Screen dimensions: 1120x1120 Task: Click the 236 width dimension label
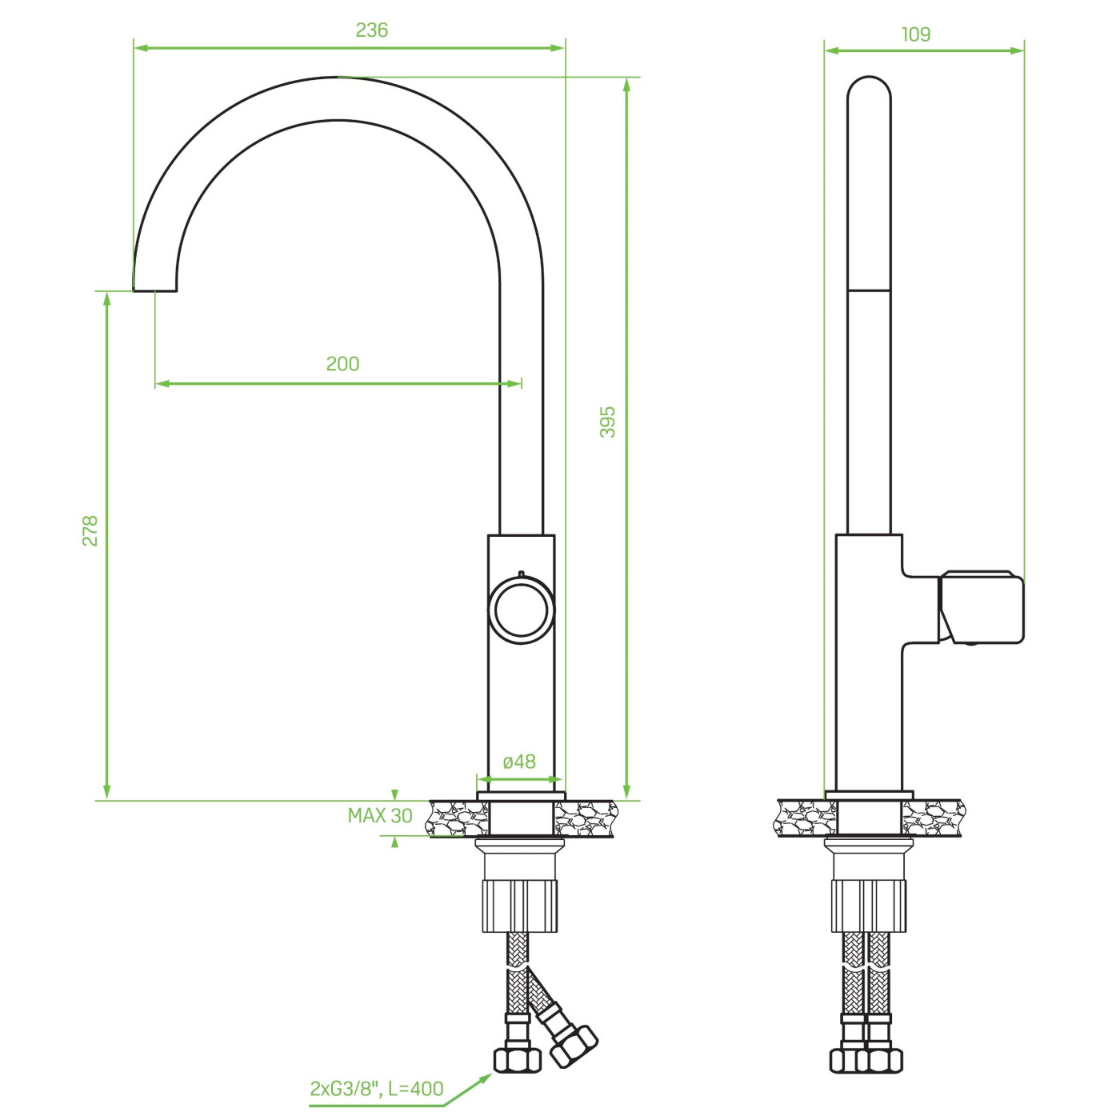[x=371, y=30]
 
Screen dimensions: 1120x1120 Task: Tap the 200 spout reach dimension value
[x=342, y=364]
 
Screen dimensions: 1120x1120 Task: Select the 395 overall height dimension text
[x=607, y=422]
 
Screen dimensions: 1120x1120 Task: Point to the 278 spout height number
[x=90, y=530]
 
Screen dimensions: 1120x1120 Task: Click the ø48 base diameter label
[x=519, y=762]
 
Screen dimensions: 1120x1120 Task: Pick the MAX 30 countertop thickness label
[x=380, y=815]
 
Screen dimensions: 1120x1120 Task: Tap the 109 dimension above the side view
[x=916, y=34]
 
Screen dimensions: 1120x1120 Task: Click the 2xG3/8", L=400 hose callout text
[x=377, y=1089]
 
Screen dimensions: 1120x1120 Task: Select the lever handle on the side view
[x=981, y=607]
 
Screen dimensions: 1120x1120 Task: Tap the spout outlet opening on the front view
[x=155, y=290]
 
